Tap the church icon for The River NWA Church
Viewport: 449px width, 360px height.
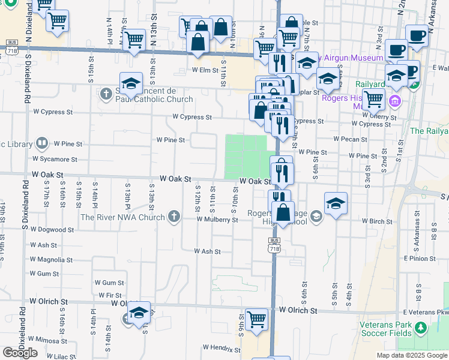(x=174, y=217)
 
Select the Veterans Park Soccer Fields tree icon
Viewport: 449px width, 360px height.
(x=420, y=328)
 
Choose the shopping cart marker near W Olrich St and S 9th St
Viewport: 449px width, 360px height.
(x=257, y=319)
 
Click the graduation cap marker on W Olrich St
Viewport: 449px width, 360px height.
(x=139, y=313)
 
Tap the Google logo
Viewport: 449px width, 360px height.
(x=20, y=353)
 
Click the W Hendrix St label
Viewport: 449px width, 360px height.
(x=221, y=347)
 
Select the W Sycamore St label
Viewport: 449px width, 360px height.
(x=55, y=160)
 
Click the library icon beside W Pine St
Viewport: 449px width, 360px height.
(x=41, y=143)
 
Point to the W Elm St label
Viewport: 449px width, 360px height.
(x=204, y=70)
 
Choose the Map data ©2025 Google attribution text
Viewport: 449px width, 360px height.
(x=412, y=355)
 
